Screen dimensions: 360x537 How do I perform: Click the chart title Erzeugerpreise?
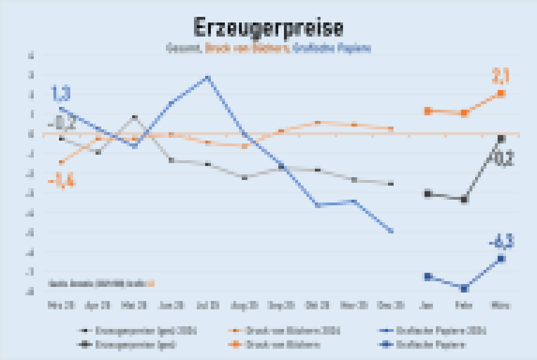pos(268,28)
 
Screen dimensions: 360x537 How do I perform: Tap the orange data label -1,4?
pos(61,181)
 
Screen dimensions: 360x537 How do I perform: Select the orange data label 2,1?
pos(501,75)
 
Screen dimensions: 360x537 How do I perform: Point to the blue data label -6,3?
pos(500,242)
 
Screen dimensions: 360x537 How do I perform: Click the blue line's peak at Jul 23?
pos(208,78)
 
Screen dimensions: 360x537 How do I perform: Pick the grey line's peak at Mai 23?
pos(134,117)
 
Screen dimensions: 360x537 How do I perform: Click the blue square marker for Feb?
pos(464,289)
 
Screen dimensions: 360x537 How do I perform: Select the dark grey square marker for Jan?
pos(427,194)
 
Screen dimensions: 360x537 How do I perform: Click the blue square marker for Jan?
pos(427,276)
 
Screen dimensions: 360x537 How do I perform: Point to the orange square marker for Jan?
pos(427,111)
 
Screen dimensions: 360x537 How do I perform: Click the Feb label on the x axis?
pos(464,305)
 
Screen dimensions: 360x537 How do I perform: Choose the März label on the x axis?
pos(500,305)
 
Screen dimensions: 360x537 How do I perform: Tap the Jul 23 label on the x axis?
pos(207,305)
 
